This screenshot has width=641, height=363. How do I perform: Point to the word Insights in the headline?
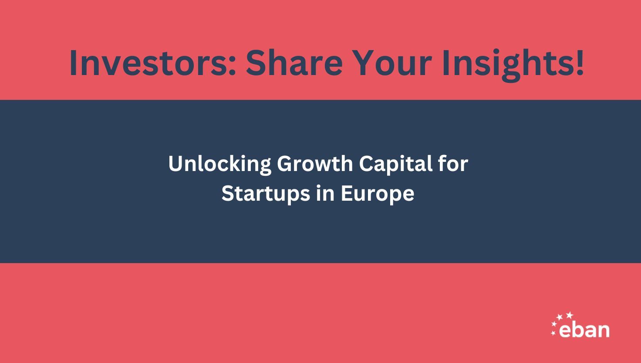(507, 63)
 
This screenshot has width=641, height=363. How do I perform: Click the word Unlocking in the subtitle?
(219, 164)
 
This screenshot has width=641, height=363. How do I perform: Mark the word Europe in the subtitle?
(377, 194)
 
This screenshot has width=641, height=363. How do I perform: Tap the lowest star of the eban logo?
(553, 333)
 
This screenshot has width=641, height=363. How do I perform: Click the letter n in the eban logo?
(603, 331)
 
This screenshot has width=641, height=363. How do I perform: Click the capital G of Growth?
(285, 164)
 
